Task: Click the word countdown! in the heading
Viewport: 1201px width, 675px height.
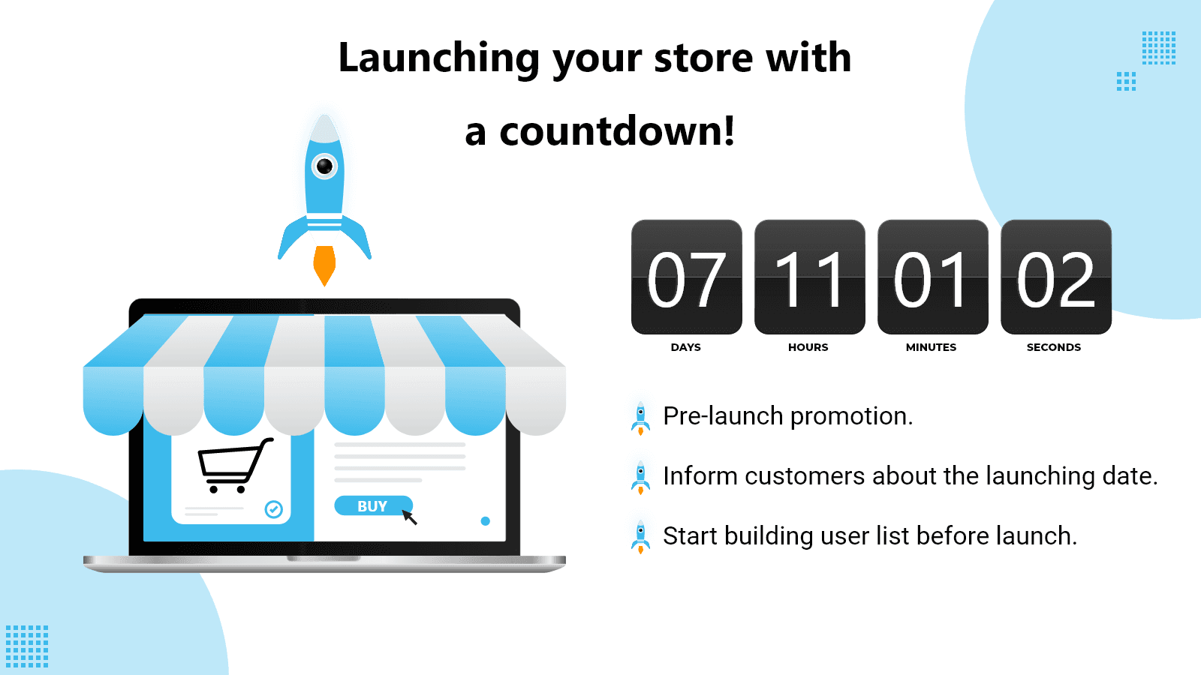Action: (x=617, y=131)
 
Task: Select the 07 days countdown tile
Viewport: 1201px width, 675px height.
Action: (x=687, y=277)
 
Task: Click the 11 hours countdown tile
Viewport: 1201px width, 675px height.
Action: (x=810, y=277)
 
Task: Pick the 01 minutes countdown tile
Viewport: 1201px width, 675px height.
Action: (x=933, y=277)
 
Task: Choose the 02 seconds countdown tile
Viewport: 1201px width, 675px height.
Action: (x=1056, y=277)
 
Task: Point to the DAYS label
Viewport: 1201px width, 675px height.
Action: (x=686, y=347)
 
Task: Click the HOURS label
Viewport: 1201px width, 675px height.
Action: (x=808, y=347)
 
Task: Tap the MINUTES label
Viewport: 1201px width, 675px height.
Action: (x=932, y=347)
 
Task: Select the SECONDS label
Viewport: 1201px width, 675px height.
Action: (x=1054, y=347)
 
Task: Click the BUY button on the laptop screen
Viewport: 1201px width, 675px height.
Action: (x=373, y=505)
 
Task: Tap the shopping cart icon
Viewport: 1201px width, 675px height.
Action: (x=234, y=465)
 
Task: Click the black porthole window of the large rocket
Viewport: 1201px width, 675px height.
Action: (x=324, y=166)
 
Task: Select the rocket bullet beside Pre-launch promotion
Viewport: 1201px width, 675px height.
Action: (x=641, y=418)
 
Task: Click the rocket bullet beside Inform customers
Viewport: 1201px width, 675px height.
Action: (x=641, y=478)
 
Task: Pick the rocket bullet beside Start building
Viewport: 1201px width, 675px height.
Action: (x=641, y=537)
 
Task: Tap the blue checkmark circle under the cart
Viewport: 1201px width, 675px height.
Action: (x=273, y=509)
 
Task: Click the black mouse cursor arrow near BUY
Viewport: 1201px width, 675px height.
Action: (x=410, y=517)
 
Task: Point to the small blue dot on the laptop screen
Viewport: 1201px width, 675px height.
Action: (x=485, y=521)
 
